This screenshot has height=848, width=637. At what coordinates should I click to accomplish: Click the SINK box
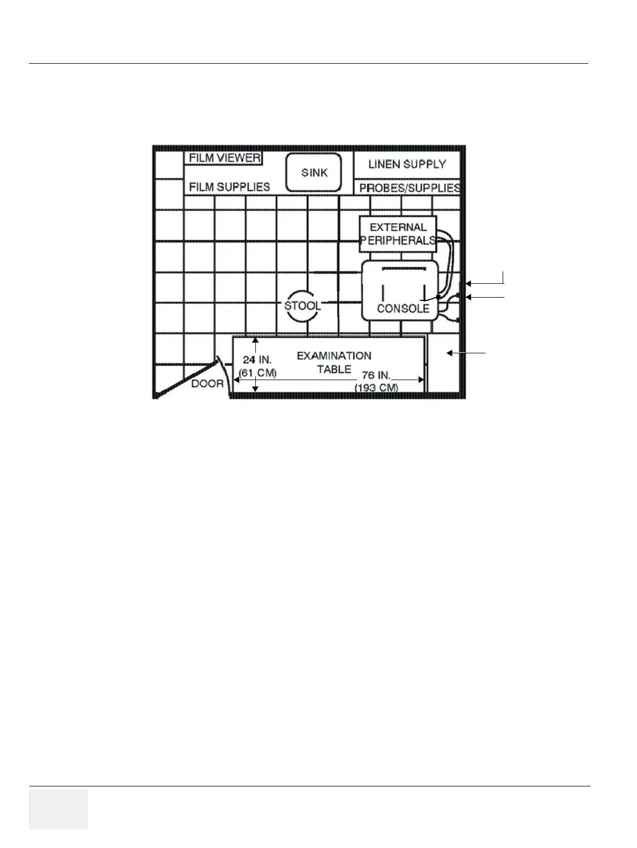point(314,172)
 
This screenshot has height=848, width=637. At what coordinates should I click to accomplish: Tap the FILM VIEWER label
point(224,158)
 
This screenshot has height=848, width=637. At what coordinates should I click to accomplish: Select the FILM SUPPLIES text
point(229,187)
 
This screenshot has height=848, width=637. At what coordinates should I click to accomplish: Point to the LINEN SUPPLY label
point(407,164)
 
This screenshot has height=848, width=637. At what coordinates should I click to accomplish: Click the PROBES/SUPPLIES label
point(409,188)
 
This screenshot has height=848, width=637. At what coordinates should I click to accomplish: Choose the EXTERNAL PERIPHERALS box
point(398,234)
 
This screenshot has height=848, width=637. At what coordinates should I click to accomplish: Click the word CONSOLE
point(403,308)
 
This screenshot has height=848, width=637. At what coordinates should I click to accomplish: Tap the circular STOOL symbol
point(302,306)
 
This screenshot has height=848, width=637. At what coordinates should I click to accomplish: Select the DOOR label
point(207,383)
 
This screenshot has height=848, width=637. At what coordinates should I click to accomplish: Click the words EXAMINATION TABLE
point(333,362)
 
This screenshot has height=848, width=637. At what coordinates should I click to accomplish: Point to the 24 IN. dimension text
point(257,360)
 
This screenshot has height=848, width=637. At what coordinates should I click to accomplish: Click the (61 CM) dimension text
point(257,373)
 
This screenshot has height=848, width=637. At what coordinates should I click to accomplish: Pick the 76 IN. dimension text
point(376,375)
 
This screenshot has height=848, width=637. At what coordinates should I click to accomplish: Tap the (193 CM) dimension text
point(376,387)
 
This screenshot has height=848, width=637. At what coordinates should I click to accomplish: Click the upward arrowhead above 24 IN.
point(256,340)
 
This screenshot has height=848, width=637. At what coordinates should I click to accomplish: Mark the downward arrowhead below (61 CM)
point(256,389)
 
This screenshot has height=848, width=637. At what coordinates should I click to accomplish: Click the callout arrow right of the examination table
point(466,353)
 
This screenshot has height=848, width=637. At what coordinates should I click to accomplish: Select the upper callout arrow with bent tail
point(484,283)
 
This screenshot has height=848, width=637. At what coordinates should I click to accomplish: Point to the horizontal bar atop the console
point(404,267)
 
